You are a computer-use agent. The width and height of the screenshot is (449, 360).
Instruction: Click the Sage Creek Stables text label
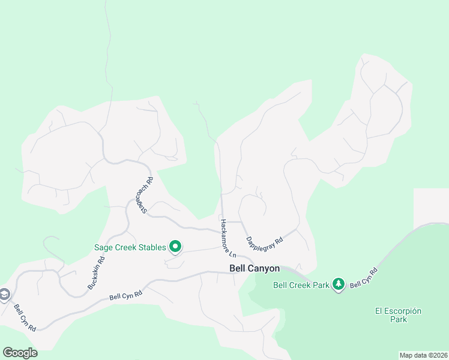pyautogui.click(x=130, y=247)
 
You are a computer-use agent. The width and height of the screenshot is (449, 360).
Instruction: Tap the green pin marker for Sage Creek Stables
pyautogui.click(x=175, y=246)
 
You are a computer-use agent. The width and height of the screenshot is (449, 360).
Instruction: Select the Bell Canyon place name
pyautogui.click(x=255, y=269)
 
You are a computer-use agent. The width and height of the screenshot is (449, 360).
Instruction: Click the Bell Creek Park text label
pyautogui.click(x=301, y=285)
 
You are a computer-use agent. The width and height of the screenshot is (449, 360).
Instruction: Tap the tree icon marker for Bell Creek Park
pyautogui.click(x=339, y=284)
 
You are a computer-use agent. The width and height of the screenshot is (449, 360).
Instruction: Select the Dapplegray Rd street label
pyautogui.click(x=264, y=232)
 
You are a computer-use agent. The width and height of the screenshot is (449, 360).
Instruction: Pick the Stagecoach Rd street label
pyautogui.click(x=144, y=194)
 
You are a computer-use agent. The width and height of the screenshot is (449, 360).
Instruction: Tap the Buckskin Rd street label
pyautogui.click(x=96, y=274)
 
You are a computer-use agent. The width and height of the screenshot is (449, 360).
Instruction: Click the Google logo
pyautogui.click(x=20, y=353)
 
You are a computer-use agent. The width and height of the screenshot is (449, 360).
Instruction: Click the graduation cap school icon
pyautogui.click(x=4, y=294)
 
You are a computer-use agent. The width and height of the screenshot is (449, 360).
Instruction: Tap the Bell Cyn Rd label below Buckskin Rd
pyautogui.click(x=125, y=295)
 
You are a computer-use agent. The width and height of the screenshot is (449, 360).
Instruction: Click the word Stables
pyautogui.click(x=149, y=247)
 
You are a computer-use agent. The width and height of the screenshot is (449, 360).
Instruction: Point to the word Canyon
pyautogui.click(x=266, y=269)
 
